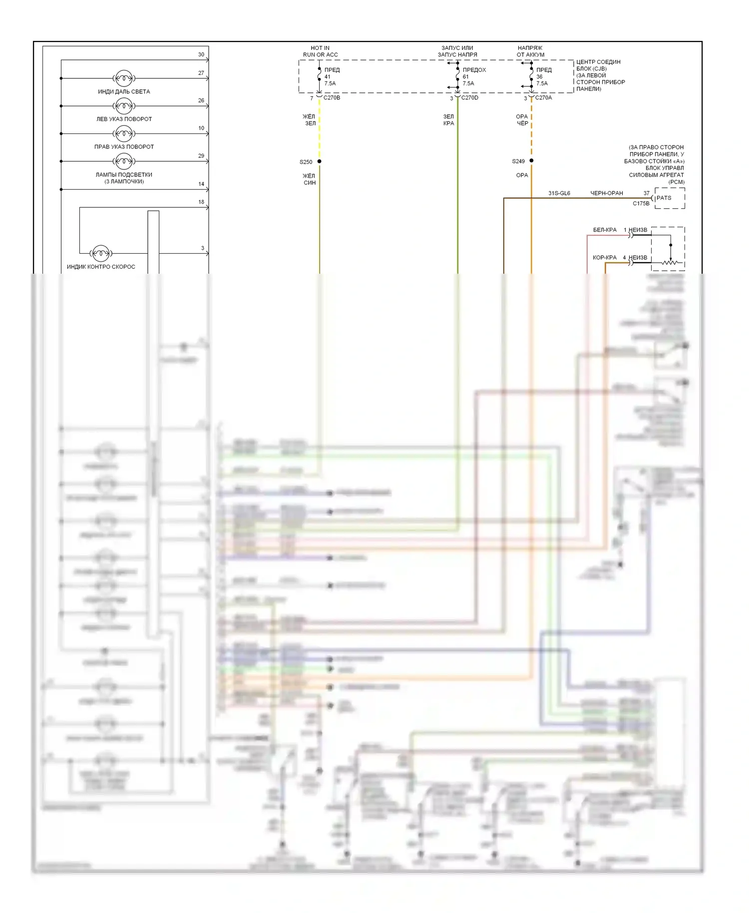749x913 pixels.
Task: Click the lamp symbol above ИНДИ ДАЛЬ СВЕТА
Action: click(124, 78)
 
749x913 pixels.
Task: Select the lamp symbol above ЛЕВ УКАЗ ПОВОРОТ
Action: click(124, 106)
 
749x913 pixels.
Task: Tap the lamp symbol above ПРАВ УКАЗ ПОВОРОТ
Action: click(124, 133)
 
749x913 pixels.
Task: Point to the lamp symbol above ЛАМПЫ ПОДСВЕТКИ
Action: click(124, 161)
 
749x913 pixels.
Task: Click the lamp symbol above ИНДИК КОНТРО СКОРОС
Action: click(101, 253)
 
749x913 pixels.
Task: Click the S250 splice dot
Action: click(320, 161)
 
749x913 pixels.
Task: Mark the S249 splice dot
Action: click(531, 161)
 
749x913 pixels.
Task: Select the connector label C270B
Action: click(332, 98)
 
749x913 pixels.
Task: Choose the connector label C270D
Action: click(470, 98)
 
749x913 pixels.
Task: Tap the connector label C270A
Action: click(543, 98)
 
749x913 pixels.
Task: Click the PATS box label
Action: click(664, 198)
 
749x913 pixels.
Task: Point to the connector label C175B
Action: click(641, 204)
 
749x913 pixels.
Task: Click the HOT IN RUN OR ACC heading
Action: click(320, 51)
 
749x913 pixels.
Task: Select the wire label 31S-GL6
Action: click(559, 193)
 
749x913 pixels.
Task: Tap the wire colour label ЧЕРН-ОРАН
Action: click(607, 193)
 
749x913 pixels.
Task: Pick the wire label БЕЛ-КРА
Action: click(605, 230)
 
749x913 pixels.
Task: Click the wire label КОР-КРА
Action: click(605, 258)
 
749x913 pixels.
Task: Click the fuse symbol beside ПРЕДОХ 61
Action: click(457, 76)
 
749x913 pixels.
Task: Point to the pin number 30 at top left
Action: click(201, 54)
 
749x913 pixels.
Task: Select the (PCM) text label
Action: click(677, 182)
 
